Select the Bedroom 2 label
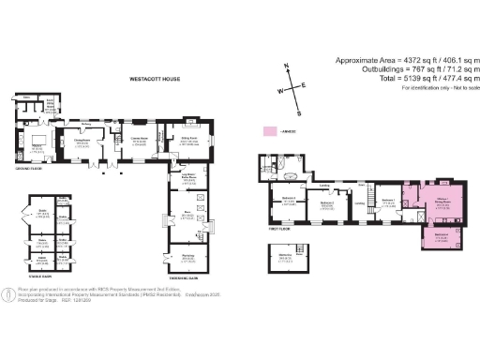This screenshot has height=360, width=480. [x=327, y=202]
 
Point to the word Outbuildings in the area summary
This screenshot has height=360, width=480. [x=355, y=70]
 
